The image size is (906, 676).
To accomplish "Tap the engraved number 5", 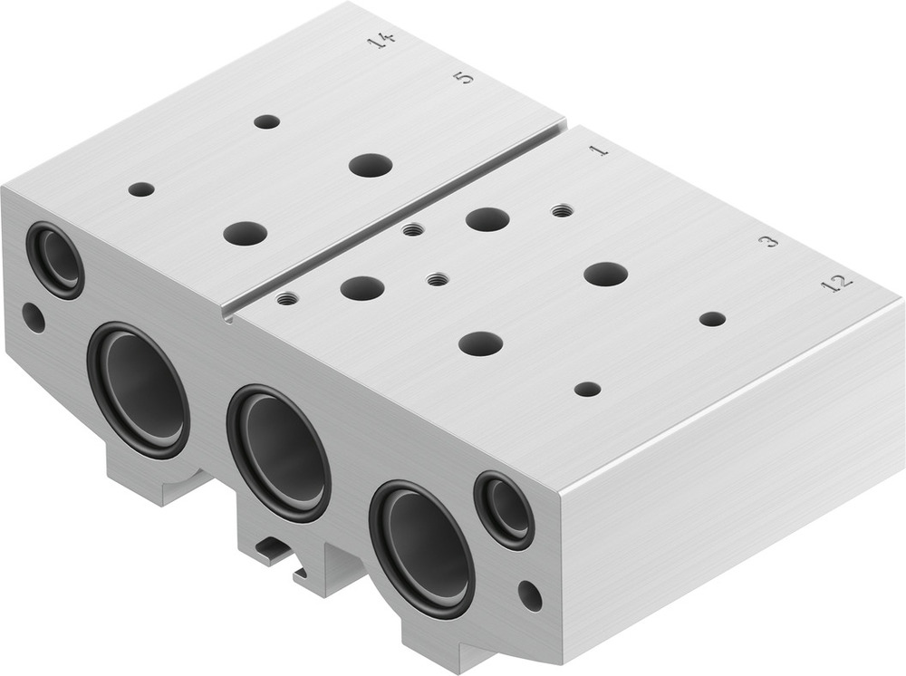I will click(x=463, y=77).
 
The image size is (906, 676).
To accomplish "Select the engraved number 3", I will click(x=767, y=241).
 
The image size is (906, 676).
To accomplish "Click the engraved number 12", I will click(x=836, y=283).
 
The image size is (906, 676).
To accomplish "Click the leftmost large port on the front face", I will click(x=139, y=390).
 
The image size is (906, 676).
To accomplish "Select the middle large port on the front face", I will click(x=278, y=453).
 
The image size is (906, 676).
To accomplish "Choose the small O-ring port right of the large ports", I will click(x=504, y=510).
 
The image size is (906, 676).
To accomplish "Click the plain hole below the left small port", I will click(x=34, y=317).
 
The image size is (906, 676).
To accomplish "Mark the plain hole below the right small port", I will click(x=530, y=595).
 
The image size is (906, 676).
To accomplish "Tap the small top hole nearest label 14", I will click(x=266, y=121).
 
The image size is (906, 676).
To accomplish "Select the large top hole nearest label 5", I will click(x=371, y=165).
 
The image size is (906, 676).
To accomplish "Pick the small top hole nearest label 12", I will click(x=712, y=319).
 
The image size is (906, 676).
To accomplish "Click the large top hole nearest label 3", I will click(x=606, y=274).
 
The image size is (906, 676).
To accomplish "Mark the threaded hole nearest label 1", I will click(x=562, y=211).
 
